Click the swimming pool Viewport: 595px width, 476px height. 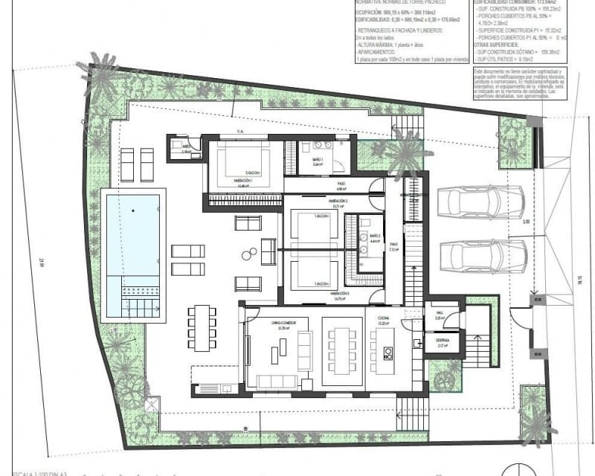tap(133, 245)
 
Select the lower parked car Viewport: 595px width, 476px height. tap(482, 255)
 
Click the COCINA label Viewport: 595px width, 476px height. tap(383, 323)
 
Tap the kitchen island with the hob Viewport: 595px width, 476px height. tap(386, 352)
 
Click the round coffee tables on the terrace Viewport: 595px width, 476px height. tap(247, 255)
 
